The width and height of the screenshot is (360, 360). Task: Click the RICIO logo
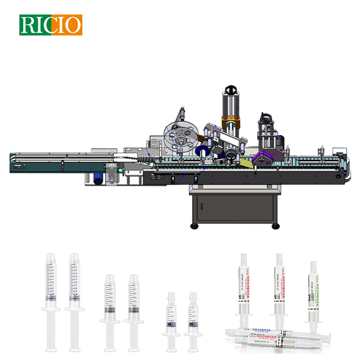(x=50, y=25)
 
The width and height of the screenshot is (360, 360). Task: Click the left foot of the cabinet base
(x=194, y=226)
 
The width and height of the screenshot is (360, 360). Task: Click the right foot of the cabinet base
(x=274, y=226)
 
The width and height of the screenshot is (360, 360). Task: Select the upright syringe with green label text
(x=314, y=292)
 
